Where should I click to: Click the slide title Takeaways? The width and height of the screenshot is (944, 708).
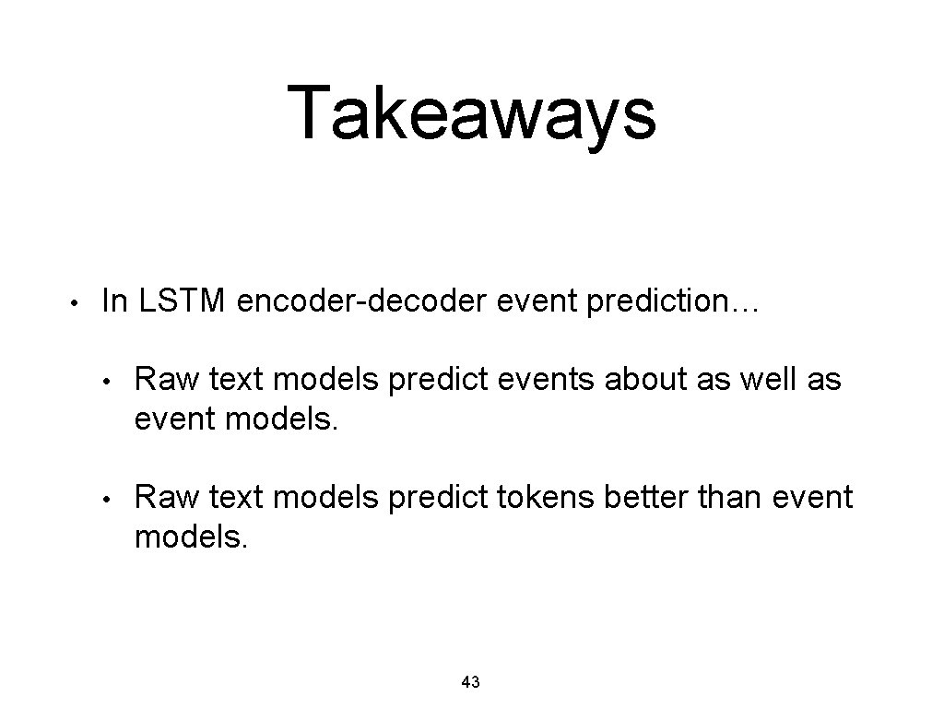(x=471, y=112)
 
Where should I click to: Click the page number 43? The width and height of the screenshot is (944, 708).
(x=470, y=682)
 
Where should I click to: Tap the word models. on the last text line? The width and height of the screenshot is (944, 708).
(x=191, y=537)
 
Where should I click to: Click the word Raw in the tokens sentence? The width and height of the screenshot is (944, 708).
(x=167, y=497)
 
